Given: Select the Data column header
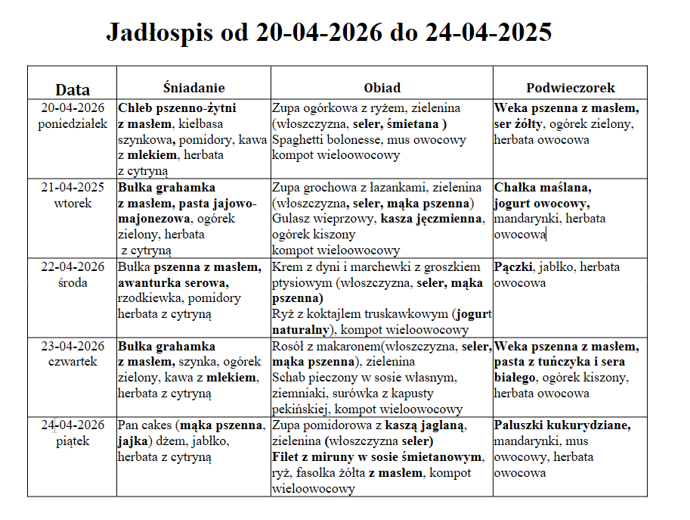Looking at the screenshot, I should pos(73,89).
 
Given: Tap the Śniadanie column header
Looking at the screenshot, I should pos(194,88).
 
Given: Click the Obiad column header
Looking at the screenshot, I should pos(382,88).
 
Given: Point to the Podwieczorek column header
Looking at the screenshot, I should pos(571,88).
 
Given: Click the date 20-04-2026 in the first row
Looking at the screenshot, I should pos(73,107).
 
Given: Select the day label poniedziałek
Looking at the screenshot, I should pos(73,123).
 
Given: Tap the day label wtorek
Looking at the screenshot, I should pos(73,203).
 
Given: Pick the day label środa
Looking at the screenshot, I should pos(73,282).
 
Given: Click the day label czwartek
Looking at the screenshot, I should pos(73,361).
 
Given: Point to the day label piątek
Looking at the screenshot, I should pos(73,441).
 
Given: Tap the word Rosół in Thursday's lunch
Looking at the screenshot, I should pos(288,346).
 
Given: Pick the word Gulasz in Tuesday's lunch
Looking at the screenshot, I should pos(290,219).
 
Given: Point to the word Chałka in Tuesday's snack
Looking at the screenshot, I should pos(515,187).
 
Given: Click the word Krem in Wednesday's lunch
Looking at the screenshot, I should pos(286,266).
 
